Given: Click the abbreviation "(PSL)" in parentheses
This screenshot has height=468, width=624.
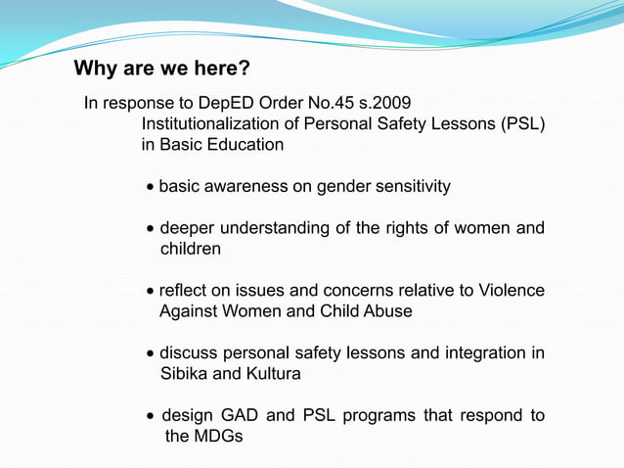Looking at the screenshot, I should [x=523, y=124].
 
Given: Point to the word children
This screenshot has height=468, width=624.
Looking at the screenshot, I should [x=191, y=250].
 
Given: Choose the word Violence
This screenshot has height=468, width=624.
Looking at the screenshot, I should [x=509, y=291].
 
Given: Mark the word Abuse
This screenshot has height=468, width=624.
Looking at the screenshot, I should [x=388, y=311].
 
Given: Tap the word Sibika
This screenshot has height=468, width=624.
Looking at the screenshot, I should [x=184, y=374].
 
